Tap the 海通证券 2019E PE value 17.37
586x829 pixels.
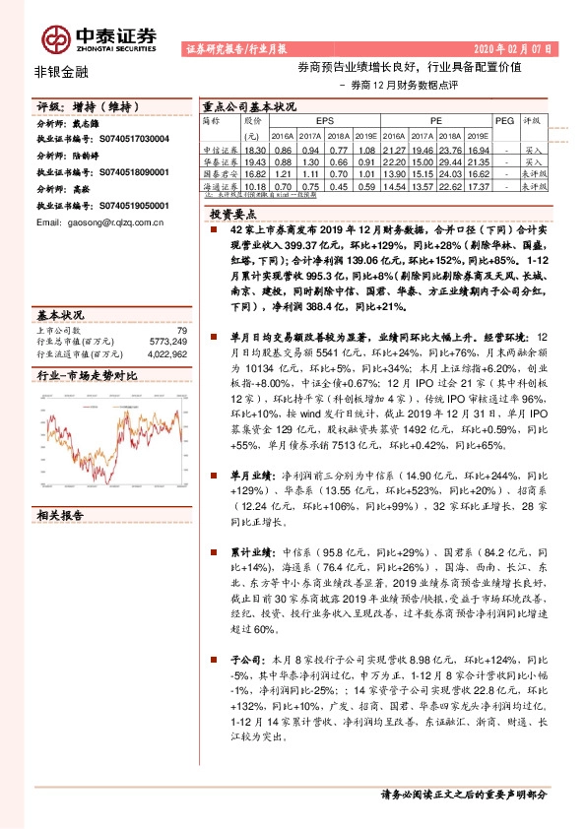[481, 185]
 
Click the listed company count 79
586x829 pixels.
[180, 331]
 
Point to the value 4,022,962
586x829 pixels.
[166, 352]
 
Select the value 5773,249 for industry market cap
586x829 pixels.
[168, 342]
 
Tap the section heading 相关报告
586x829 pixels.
[61, 515]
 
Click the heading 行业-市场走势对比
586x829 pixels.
[87, 376]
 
